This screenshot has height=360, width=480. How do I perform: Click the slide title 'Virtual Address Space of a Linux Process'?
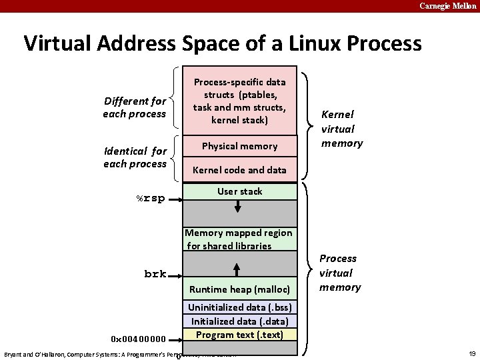point(223,43)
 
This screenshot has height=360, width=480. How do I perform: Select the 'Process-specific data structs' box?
point(239,101)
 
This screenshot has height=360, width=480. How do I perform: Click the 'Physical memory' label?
point(239,146)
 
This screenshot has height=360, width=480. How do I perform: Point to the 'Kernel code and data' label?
point(239,170)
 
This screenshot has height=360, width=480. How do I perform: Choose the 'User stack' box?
point(239,191)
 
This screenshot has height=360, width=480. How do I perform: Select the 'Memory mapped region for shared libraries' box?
point(239,239)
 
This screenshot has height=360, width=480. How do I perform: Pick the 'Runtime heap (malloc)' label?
point(239,289)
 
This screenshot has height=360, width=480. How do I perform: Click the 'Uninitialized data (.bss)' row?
point(239,307)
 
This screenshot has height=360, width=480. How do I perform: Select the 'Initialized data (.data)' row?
point(239,321)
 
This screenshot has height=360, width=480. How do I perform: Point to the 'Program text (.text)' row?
point(239,335)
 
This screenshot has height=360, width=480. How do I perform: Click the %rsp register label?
point(151,198)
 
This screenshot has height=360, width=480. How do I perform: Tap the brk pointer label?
point(155,274)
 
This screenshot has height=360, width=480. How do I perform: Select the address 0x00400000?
point(140,339)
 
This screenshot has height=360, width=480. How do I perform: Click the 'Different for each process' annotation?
point(135,107)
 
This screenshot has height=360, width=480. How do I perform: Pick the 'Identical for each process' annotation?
point(135,157)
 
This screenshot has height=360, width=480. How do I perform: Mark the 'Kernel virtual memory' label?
point(341,129)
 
